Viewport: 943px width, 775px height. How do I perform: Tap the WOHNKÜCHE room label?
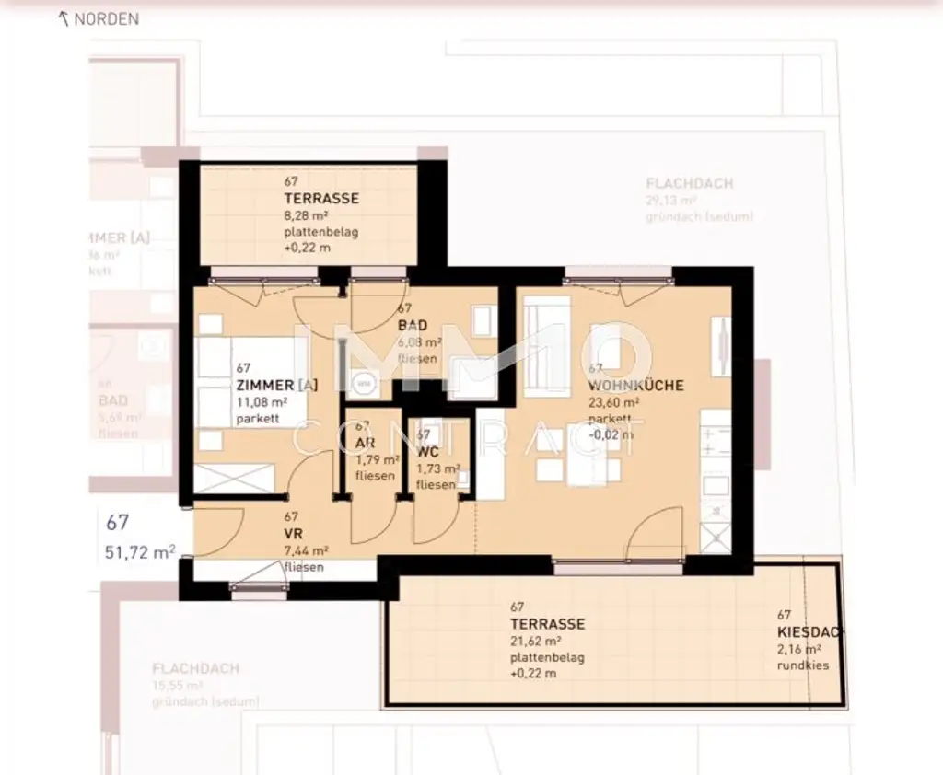point(635,386)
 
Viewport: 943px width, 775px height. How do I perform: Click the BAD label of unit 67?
point(412,326)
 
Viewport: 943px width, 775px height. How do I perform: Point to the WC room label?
point(426,452)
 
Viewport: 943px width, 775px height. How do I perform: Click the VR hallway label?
point(294,534)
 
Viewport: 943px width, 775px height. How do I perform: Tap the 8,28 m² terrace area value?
point(308,215)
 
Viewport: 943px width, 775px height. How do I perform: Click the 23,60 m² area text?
point(614,402)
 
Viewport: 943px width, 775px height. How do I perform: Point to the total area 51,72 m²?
point(141,552)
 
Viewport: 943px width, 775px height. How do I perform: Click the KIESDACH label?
point(809,632)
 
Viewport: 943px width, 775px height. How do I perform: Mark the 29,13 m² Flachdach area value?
point(671,200)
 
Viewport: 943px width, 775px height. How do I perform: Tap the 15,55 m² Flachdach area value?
point(178,686)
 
